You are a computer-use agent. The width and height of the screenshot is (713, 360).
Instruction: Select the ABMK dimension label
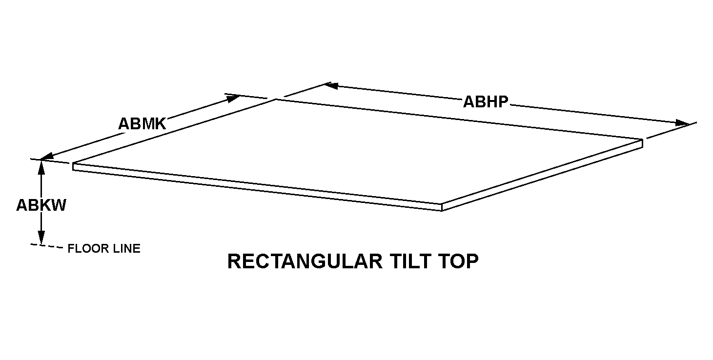click(x=142, y=123)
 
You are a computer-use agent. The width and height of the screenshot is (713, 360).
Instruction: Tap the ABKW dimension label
click(x=41, y=205)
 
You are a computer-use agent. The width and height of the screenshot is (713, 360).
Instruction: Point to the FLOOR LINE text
click(x=104, y=249)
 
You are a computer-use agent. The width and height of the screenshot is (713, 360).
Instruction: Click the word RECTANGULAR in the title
click(x=305, y=261)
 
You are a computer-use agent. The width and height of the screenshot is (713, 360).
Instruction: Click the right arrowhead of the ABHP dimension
click(x=682, y=123)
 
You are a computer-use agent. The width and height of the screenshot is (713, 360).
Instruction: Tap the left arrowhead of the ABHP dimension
click(x=330, y=86)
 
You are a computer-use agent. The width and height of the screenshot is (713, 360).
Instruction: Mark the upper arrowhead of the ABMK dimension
click(x=233, y=98)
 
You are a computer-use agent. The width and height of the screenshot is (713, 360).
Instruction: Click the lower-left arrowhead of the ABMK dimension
click(x=46, y=157)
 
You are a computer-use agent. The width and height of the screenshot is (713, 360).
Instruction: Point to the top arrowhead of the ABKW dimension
click(x=41, y=166)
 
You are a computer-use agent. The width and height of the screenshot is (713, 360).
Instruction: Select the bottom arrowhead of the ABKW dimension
click(x=41, y=239)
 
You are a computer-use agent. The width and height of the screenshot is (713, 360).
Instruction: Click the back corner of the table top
click(x=276, y=100)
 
